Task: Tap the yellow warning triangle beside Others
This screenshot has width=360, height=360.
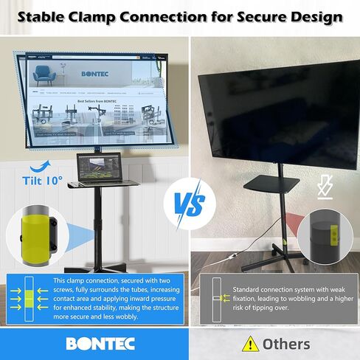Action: click(251, 344)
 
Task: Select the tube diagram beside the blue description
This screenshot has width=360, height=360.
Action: click(27, 298)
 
